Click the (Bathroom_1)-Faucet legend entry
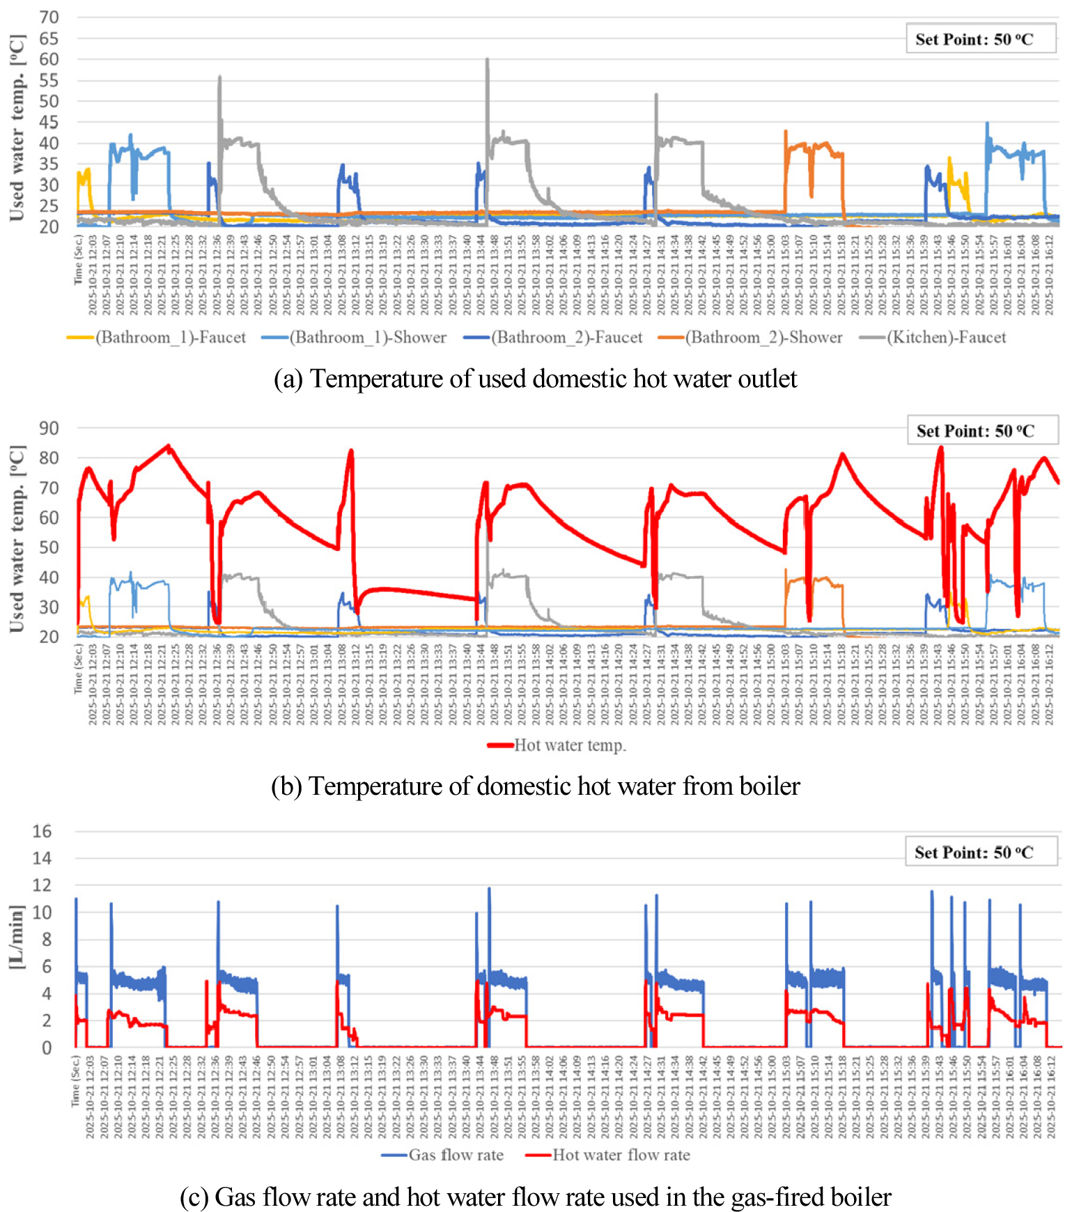pos(157,338)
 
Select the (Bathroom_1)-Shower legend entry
pos(355,338)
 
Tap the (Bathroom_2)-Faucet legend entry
pos(554,338)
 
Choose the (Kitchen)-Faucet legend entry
pos(933,338)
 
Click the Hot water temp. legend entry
pos(557,745)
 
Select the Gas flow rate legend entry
pos(443,1155)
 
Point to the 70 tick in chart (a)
pos(49,17)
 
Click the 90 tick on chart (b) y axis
pos(49,428)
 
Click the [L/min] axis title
pos(17,937)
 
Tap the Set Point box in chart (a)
pos(981,39)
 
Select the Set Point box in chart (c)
pos(981,852)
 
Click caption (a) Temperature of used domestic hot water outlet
pos(535,379)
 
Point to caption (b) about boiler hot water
pos(535,786)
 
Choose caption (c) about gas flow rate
pos(535,1197)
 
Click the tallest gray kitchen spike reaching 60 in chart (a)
pos(488,61)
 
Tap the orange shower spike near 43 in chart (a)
pos(786,132)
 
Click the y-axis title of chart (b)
pos(17,538)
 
